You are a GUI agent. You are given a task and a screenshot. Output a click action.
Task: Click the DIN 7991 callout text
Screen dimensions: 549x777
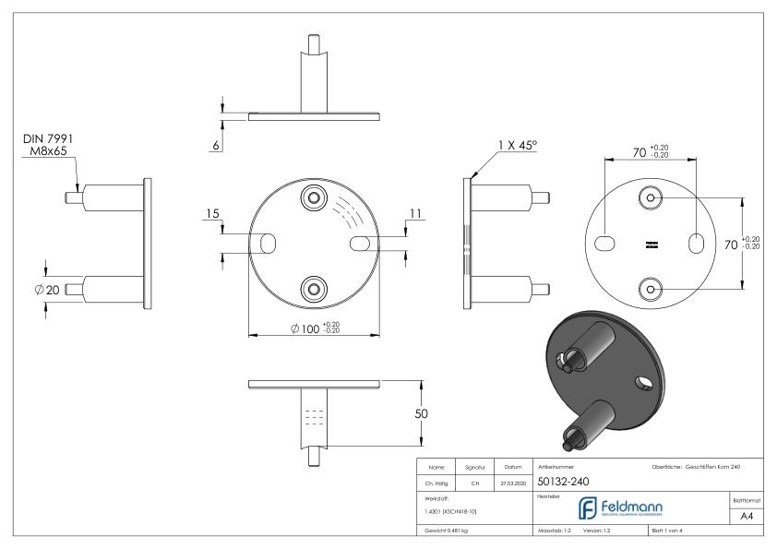point(47,138)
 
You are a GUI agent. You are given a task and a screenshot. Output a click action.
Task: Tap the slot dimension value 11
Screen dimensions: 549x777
point(415,214)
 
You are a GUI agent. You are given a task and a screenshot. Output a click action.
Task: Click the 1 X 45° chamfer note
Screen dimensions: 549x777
point(516,145)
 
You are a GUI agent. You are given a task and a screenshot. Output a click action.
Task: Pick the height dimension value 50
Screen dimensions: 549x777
point(422,413)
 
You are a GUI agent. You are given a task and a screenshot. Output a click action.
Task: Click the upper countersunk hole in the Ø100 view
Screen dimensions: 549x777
point(315,198)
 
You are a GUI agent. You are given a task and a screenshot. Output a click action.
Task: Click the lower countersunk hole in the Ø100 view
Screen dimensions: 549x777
point(315,290)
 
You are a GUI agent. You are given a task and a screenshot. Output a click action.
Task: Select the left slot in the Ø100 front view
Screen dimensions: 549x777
point(269,244)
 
